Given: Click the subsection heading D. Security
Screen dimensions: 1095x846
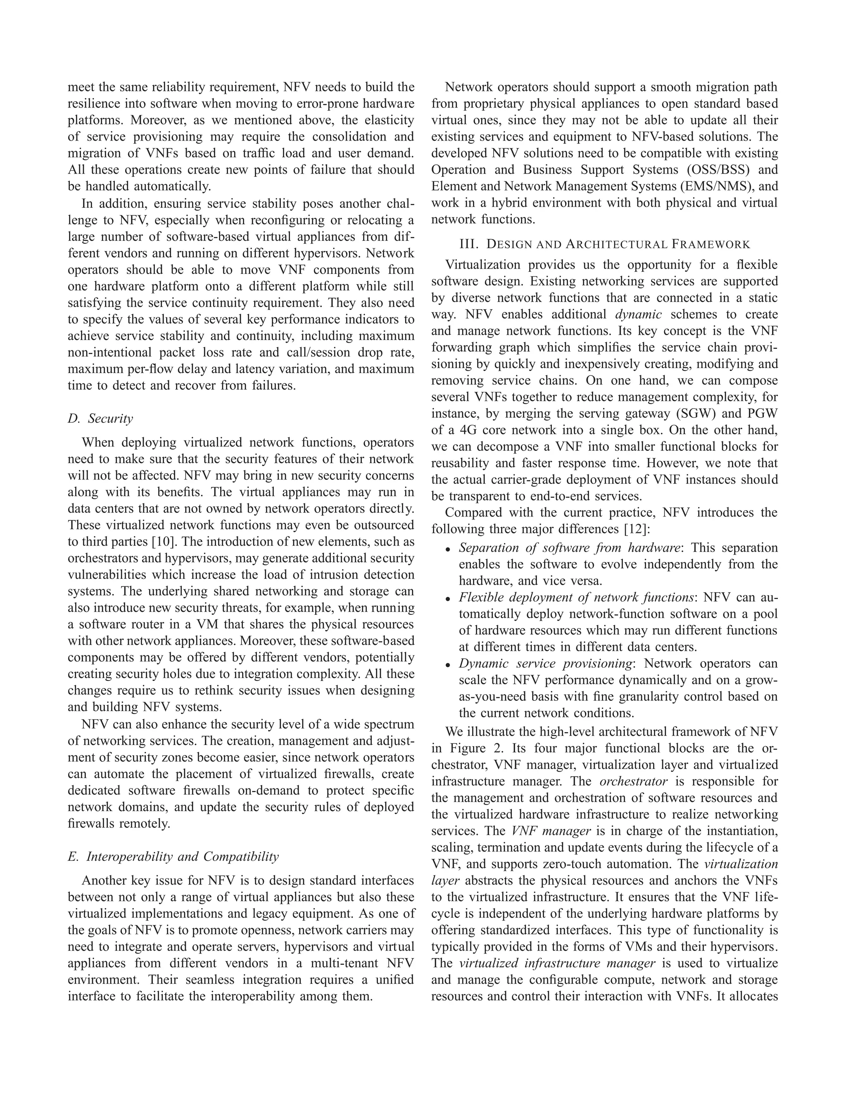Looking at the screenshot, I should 100,419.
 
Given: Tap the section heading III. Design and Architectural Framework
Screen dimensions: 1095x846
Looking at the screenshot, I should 604,244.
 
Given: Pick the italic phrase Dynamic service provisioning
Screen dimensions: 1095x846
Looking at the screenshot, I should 545,664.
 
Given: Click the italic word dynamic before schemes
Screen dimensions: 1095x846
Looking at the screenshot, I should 638,315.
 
